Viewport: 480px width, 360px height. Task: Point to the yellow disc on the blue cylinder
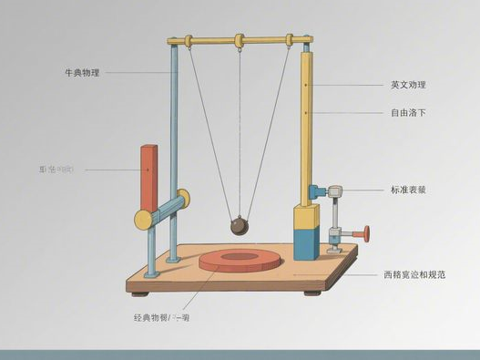144,219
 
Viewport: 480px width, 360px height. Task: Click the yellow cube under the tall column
306,218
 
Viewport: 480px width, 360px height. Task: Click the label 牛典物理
81,72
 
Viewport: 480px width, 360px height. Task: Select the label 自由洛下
408,113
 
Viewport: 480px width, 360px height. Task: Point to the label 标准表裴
408,190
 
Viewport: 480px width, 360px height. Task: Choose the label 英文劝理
408,85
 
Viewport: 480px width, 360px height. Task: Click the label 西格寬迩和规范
414,273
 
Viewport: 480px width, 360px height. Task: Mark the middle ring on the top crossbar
240,40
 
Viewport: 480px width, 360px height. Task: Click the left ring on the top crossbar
187,41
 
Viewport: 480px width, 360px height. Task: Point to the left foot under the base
140,293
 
